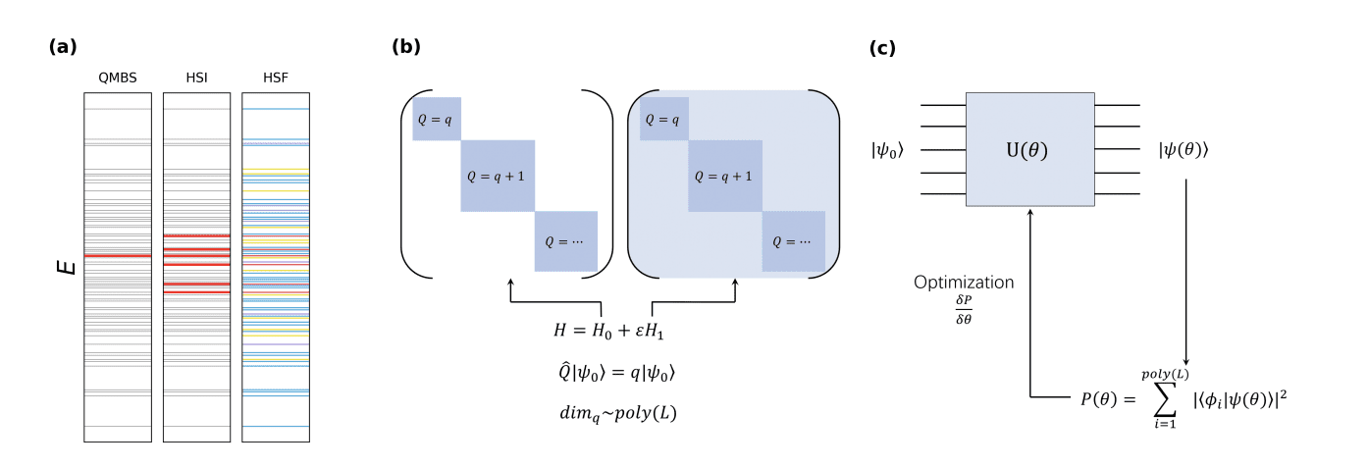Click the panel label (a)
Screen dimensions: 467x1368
pos(62,46)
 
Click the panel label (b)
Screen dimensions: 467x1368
pos(406,46)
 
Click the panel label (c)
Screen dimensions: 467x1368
pos(882,48)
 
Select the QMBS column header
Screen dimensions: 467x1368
pos(118,78)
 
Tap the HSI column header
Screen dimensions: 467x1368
pos(196,78)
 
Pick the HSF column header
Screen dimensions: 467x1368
pos(275,78)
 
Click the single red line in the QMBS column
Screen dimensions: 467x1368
pos(118,256)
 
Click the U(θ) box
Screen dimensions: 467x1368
pos(1029,149)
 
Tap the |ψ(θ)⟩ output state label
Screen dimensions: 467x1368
pos(1184,150)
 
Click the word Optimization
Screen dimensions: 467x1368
pos(964,283)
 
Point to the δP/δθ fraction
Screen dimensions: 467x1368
pos(964,311)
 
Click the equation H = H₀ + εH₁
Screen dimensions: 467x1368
pos(609,332)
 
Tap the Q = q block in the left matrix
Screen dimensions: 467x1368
pos(437,119)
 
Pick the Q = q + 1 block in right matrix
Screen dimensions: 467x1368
pos(724,177)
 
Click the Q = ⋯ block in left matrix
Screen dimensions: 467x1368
pos(565,241)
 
